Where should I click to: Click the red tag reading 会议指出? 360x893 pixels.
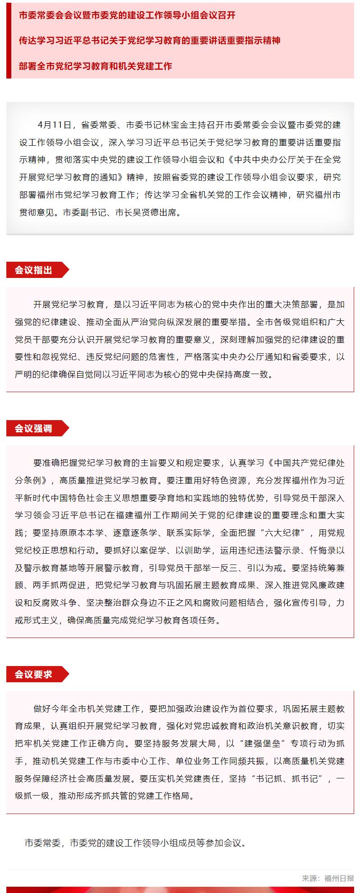[34, 270]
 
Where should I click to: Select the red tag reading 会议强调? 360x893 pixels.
[34, 428]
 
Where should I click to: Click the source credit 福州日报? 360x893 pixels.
[339, 878]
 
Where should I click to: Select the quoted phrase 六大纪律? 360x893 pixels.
[283, 532]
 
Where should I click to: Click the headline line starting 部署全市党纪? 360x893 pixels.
[96, 66]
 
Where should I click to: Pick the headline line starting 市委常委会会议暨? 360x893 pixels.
[127, 15]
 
